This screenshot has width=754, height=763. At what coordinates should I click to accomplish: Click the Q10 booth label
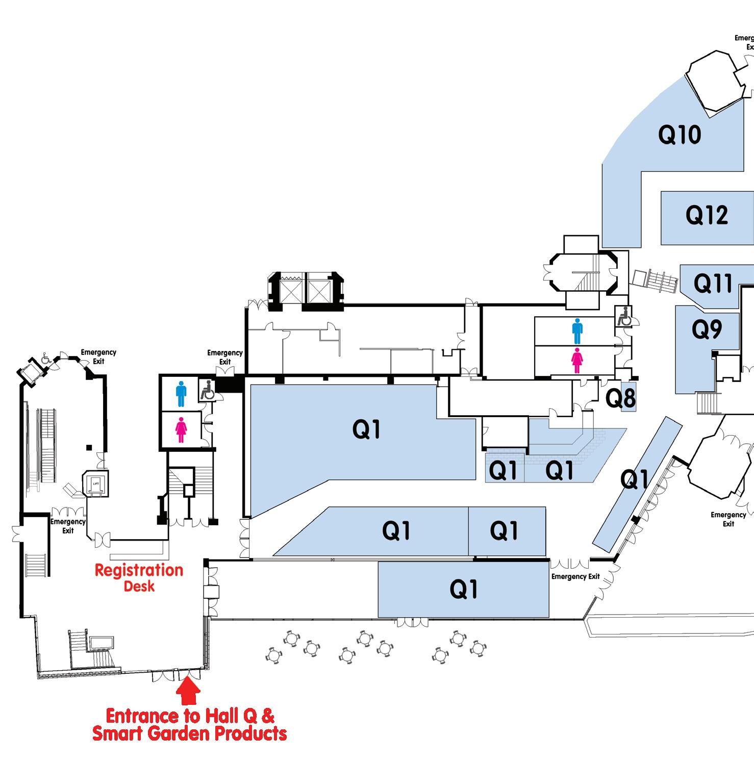pos(680,135)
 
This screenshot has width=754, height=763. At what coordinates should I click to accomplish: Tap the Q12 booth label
pos(707,215)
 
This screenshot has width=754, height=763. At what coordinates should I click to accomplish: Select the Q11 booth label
pos(713,283)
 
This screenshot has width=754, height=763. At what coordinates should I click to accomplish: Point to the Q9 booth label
pos(707,329)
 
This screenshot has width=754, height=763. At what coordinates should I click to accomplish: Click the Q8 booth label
pos(621,398)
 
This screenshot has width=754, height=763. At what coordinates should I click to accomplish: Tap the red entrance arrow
pos(188,693)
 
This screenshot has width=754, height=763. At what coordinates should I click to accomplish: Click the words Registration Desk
pos(139,577)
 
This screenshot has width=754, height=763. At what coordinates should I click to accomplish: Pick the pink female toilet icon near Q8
pos(577,361)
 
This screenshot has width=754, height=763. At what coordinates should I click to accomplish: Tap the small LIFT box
pos(95,482)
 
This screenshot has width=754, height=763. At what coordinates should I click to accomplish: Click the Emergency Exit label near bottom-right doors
pos(575,576)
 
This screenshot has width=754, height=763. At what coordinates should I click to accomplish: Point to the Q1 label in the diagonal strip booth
pos(634,479)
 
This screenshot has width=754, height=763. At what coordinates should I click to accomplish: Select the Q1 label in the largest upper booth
pos(366,430)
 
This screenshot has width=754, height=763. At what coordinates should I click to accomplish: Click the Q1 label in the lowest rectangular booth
pos(464,590)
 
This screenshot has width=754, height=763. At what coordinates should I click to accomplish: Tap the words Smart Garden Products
pos(189,733)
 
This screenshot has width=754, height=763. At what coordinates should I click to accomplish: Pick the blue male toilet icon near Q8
pos(577,331)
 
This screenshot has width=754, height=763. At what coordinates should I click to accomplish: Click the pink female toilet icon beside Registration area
pos(181,430)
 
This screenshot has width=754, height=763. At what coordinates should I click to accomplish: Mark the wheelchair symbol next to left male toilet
pos(206,390)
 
